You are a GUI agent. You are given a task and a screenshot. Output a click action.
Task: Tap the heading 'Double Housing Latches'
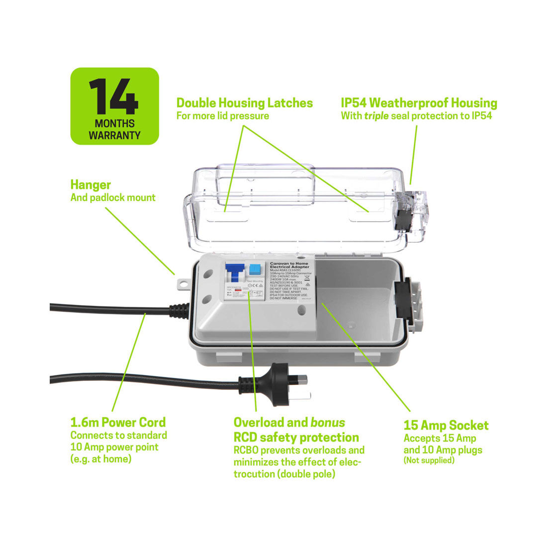[245, 103]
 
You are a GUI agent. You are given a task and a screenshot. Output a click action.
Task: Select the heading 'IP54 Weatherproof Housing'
[419, 103]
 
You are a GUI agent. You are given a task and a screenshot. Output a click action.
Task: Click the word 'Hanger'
[91, 184]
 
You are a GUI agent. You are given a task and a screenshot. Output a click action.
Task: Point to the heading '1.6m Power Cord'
[118, 422]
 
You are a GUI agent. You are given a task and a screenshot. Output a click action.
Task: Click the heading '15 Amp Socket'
[446, 425]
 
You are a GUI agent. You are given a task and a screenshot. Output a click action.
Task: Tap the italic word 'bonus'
[327, 422]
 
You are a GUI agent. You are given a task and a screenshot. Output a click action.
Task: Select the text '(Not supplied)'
[429, 460]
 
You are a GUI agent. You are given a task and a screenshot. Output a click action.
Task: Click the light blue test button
[256, 270]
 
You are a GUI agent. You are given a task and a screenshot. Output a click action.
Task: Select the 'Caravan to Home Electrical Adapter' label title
[288, 266]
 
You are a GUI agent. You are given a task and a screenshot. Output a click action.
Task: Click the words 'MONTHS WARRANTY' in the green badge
[114, 129]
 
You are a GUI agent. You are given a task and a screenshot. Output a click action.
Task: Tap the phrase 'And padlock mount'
[113, 197]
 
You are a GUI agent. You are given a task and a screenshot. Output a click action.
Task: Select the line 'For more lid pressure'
[223, 116]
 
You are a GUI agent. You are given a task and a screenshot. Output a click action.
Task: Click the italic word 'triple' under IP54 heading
[376, 116]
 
